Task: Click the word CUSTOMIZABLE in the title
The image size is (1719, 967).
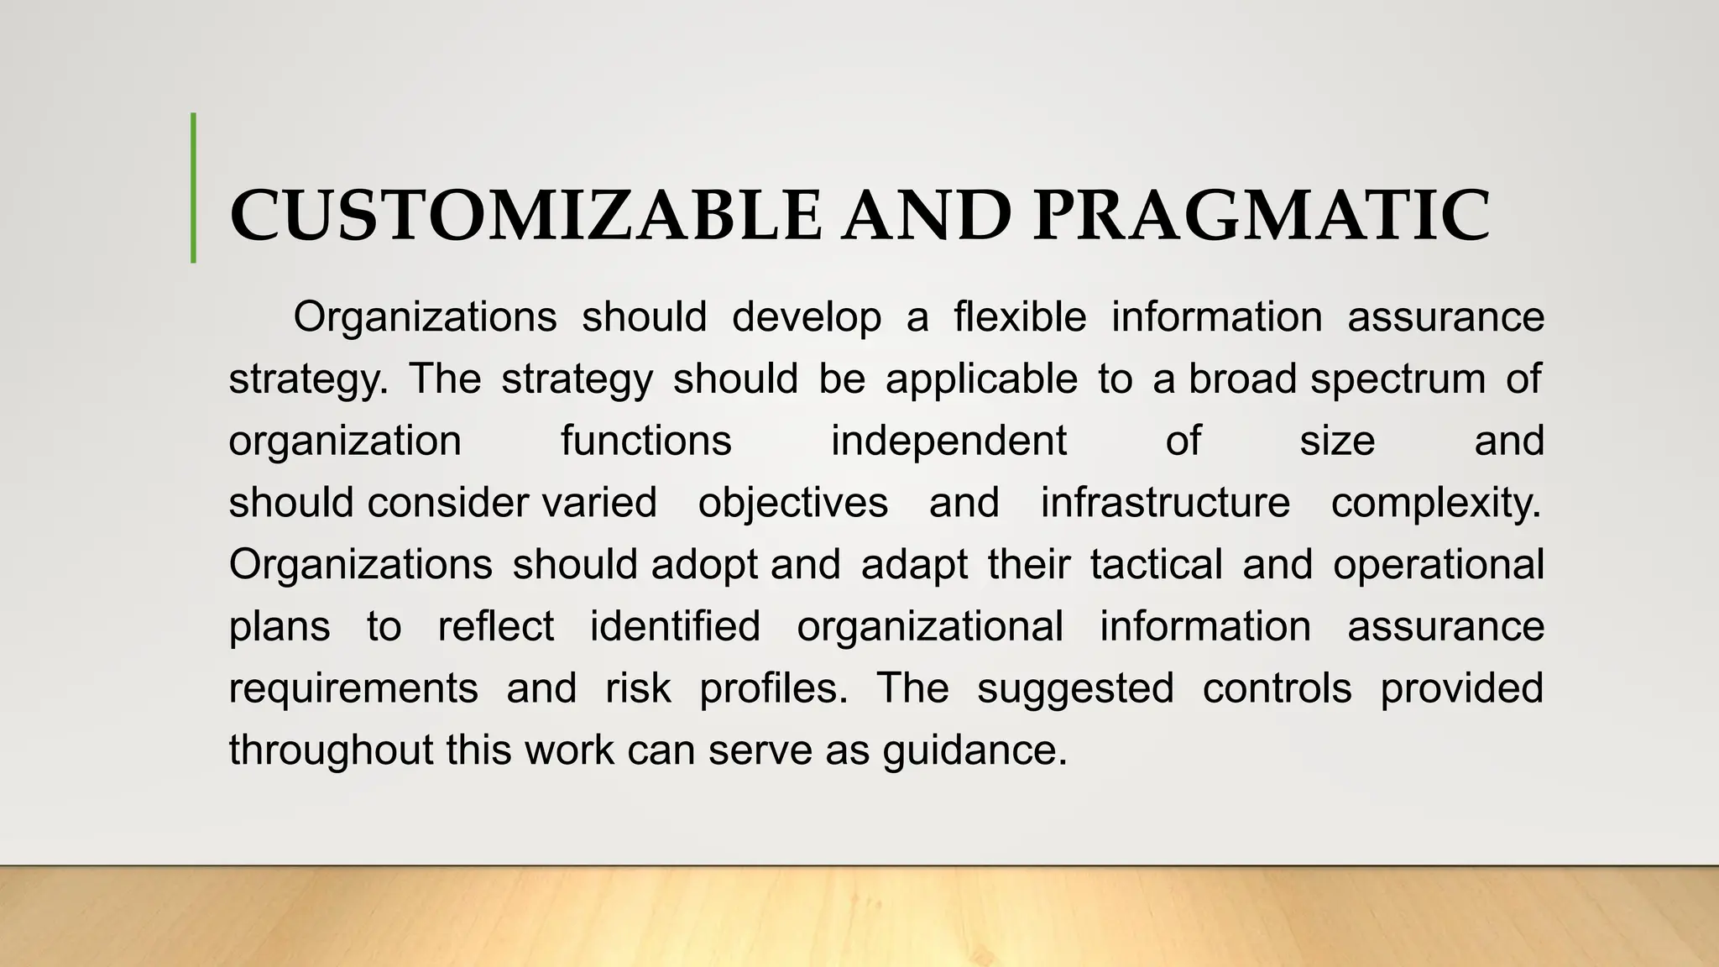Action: pyautogui.click(x=525, y=216)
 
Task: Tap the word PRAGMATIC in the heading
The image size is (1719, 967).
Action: pyautogui.click(x=1262, y=216)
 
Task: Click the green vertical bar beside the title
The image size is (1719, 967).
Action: pyautogui.click(x=194, y=188)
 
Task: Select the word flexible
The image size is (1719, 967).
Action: pyautogui.click(x=1020, y=317)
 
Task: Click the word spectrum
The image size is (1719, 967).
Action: pyautogui.click(x=1398, y=380)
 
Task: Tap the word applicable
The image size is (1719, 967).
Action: pyautogui.click(x=981, y=380)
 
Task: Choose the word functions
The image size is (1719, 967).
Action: pyautogui.click(x=646, y=441)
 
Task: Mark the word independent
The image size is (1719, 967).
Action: pyautogui.click(x=948, y=441)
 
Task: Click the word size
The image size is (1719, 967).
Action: pyautogui.click(x=1337, y=441)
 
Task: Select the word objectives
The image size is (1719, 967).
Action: pyautogui.click(x=793, y=504)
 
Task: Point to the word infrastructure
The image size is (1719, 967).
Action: pyautogui.click(x=1165, y=503)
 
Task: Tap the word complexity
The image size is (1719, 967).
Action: pyautogui.click(x=1436, y=504)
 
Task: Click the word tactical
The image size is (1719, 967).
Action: pyautogui.click(x=1156, y=564)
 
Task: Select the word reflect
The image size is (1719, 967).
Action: pyautogui.click(x=496, y=626)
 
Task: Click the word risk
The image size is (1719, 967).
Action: pyautogui.click(x=638, y=688)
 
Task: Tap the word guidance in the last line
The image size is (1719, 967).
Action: pyautogui.click(x=974, y=750)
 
